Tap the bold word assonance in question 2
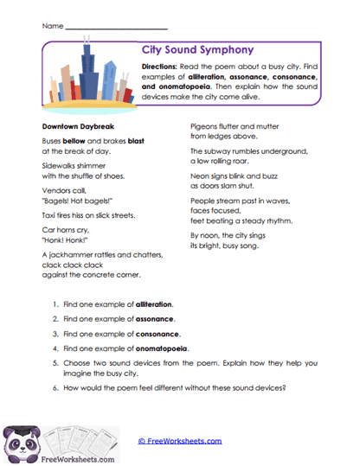coord(155,318)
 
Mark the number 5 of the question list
coord(55,361)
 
